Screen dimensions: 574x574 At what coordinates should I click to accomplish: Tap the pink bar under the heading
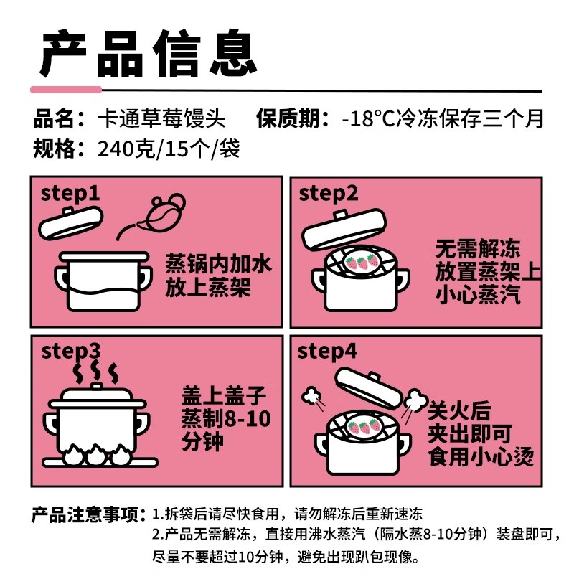66,89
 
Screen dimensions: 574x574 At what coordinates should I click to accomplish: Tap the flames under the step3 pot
95,454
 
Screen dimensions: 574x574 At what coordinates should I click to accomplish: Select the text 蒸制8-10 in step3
227,418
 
